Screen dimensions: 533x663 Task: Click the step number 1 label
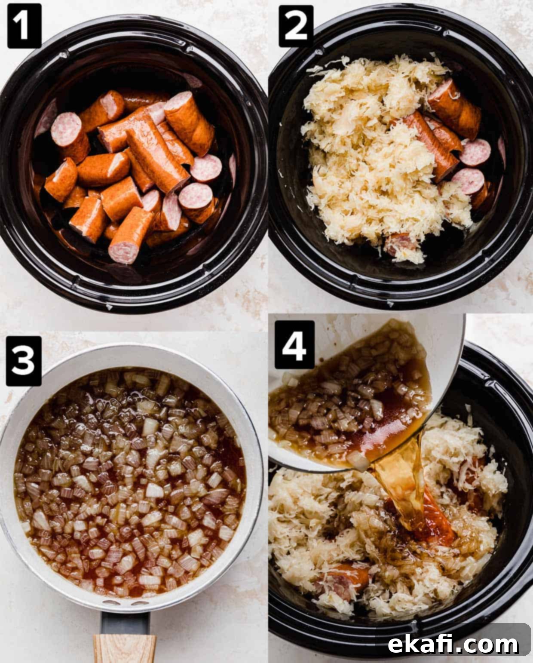[24, 25]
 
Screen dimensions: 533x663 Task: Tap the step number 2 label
[296, 25]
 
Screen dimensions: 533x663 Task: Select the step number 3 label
[24, 361]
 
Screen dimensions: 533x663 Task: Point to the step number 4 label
[294, 345]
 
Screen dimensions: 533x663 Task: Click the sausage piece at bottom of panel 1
[131, 235]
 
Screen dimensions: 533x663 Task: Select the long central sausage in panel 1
[157, 154]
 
